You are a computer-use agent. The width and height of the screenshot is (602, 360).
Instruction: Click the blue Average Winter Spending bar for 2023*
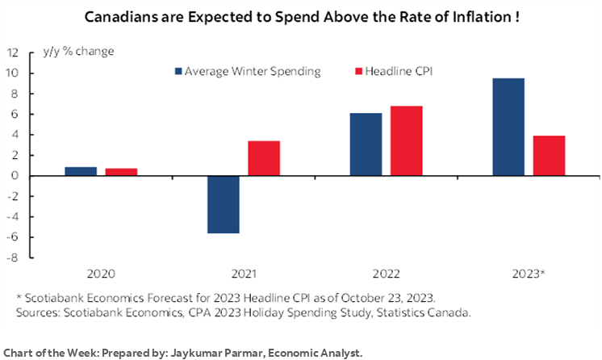pyautogui.click(x=508, y=127)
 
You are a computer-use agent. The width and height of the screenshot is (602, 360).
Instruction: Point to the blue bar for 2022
pyautogui.click(x=366, y=144)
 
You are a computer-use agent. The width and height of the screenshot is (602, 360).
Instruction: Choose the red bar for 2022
pyautogui.click(x=407, y=140)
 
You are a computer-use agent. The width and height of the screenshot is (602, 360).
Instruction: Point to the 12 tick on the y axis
pyautogui.click(x=13, y=52)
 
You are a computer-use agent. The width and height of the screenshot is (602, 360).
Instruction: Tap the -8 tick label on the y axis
pyautogui.click(x=14, y=258)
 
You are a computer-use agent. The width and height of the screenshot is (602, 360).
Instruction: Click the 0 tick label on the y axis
pyautogui.click(x=16, y=176)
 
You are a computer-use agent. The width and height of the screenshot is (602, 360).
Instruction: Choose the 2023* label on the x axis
pyautogui.click(x=529, y=274)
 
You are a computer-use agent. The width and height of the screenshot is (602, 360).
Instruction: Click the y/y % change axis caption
pyautogui.click(x=77, y=52)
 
